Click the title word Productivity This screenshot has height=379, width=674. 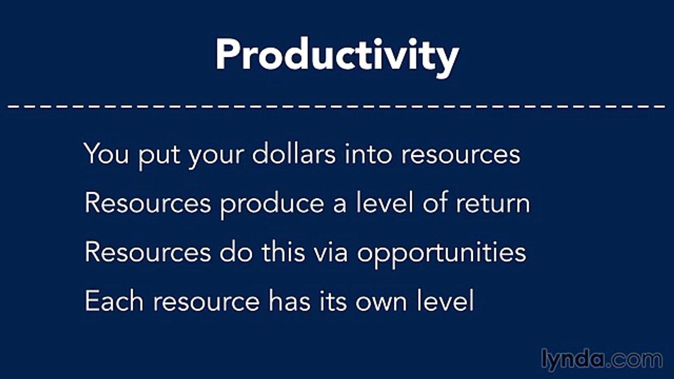(x=337, y=55)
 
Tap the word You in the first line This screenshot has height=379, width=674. (x=106, y=154)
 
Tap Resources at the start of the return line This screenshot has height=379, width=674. (x=147, y=203)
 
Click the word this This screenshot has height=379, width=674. (x=283, y=252)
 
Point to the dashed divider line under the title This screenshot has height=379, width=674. (x=337, y=105)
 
